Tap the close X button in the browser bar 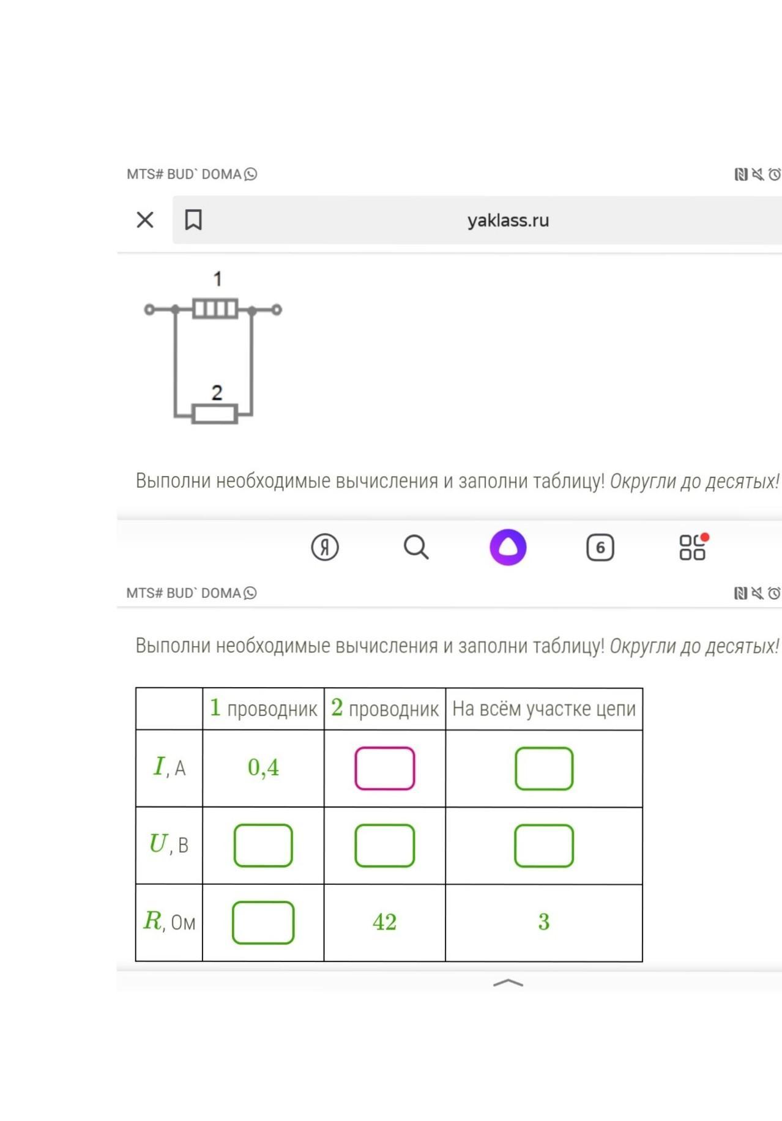tap(145, 220)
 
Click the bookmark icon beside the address tap(193, 220)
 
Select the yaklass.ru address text tap(508, 220)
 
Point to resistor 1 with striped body tap(215, 308)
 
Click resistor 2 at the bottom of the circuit tap(215, 414)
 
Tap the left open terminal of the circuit tap(149, 310)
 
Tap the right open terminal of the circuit tap(277, 310)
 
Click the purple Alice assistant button tap(508, 547)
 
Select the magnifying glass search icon tap(416, 547)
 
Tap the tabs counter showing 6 tap(600, 547)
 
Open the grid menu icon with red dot tap(692, 547)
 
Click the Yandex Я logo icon tap(324, 547)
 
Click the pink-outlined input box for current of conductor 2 tap(384, 768)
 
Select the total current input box tap(544, 768)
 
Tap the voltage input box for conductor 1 tap(263, 845)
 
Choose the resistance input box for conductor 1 tap(263, 922)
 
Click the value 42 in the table tap(384, 922)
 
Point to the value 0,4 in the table tap(263, 767)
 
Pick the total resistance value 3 tap(544, 922)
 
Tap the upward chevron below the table tap(508, 983)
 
